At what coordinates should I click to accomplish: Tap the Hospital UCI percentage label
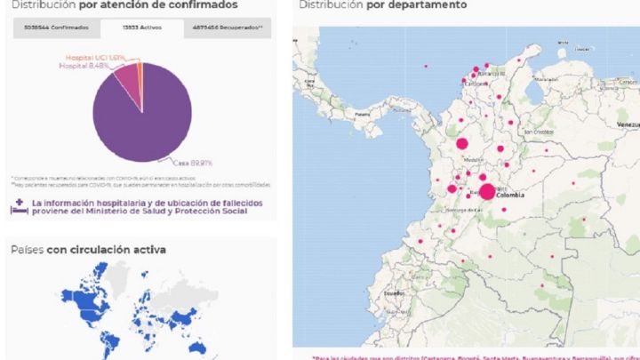tap(100, 56)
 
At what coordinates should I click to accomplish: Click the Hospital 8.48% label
tap(86, 65)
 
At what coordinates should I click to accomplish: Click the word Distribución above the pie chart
tap(40, 7)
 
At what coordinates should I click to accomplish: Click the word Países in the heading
tap(27, 251)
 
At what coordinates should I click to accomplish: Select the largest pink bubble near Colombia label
tap(487, 191)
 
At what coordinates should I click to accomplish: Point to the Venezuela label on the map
tap(628, 123)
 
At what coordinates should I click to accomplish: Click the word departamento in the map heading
tap(431, 5)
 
